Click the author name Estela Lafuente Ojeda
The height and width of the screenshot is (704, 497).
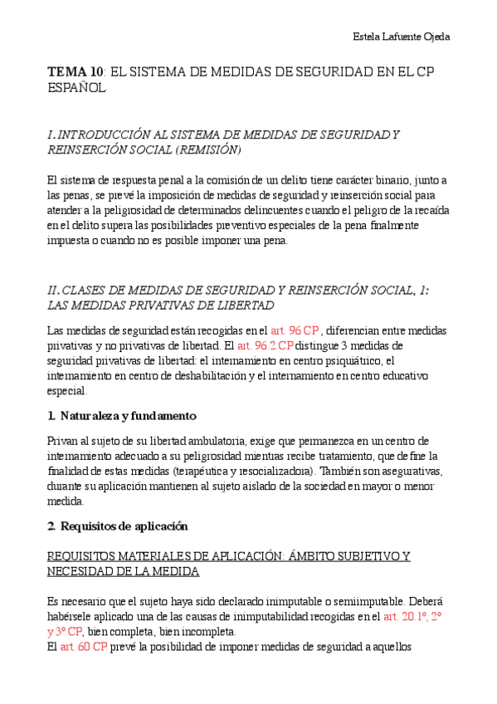coord(402,37)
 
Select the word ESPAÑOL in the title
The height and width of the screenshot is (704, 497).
coord(77,87)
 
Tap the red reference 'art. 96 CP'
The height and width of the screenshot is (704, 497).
coord(295,330)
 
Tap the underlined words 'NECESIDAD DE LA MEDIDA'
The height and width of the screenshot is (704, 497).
coord(123,571)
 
